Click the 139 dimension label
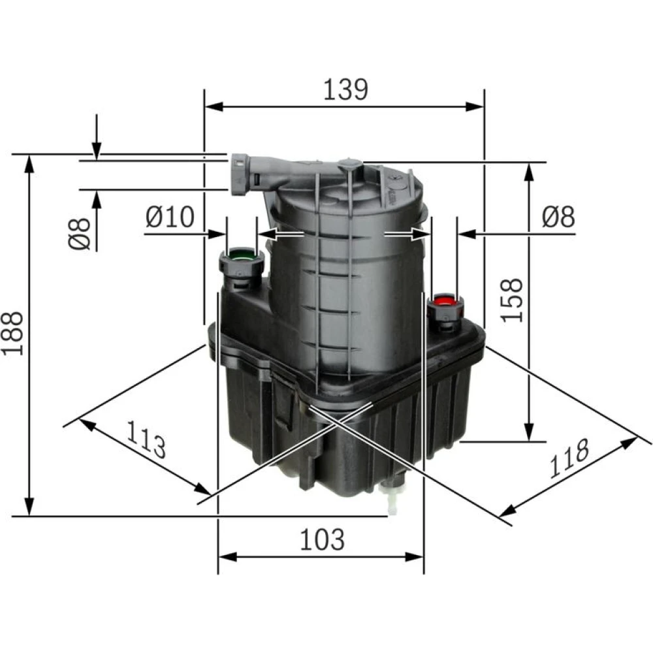345,89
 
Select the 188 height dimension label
12,333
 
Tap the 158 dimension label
511,300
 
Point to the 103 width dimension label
322,539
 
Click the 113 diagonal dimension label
146,439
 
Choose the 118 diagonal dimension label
569,458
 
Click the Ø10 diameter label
170,217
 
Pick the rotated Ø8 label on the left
79,234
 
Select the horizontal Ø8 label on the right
558,217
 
